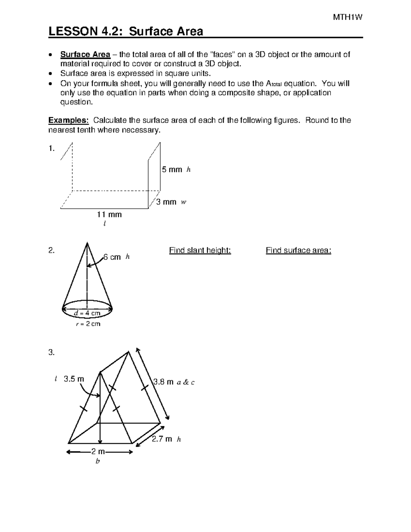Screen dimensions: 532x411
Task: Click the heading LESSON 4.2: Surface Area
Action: click(x=126, y=32)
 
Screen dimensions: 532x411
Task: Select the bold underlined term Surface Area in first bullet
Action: click(x=85, y=54)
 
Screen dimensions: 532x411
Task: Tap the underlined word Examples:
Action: click(x=68, y=120)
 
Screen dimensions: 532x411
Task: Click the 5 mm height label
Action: click(x=172, y=170)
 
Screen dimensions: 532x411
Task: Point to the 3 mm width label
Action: click(x=166, y=202)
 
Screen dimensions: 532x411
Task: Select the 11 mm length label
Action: click(x=109, y=215)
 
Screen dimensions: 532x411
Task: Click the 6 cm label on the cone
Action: click(x=112, y=257)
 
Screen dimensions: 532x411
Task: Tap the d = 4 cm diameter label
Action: click(x=87, y=313)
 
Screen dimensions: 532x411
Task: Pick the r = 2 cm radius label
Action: click(x=88, y=324)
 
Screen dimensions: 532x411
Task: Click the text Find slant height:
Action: click(x=200, y=250)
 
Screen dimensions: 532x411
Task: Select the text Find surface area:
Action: click(x=298, y=250)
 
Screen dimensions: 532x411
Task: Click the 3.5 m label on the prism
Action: click(x=74, y=379)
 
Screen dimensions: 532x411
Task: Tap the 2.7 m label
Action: click(x=162, y=439)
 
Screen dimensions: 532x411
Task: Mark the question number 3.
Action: click(x=51, y=352)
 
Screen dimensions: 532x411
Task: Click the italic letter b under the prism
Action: click(x=98, y=461)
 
